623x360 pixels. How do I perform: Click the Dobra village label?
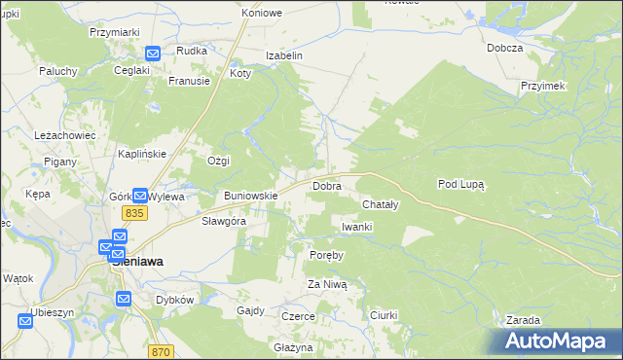[x=326, y=185]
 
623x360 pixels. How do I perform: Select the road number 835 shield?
[x=134, y=212]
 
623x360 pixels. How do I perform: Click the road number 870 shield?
[x=162, y=351]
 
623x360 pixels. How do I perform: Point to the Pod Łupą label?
[x=461, y=183]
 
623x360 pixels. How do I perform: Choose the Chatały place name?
[x=381, y=205]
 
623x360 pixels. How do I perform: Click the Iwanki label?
[x=357, y=227]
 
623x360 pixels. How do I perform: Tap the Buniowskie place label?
[x=251, y=196]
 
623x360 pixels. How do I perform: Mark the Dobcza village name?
[x=506, y=48]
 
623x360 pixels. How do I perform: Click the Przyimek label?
[x=543, y=86]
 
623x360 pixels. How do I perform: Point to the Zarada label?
[x=524, y=320]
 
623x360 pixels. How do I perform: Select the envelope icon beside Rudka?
[x=153, y=54]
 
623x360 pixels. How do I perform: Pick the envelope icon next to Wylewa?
[x=140, y=196]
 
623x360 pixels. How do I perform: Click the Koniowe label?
[x=262, y=13]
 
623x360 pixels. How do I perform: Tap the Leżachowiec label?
[x=62, y=135]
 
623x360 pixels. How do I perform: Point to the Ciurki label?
[x=386, y=315]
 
